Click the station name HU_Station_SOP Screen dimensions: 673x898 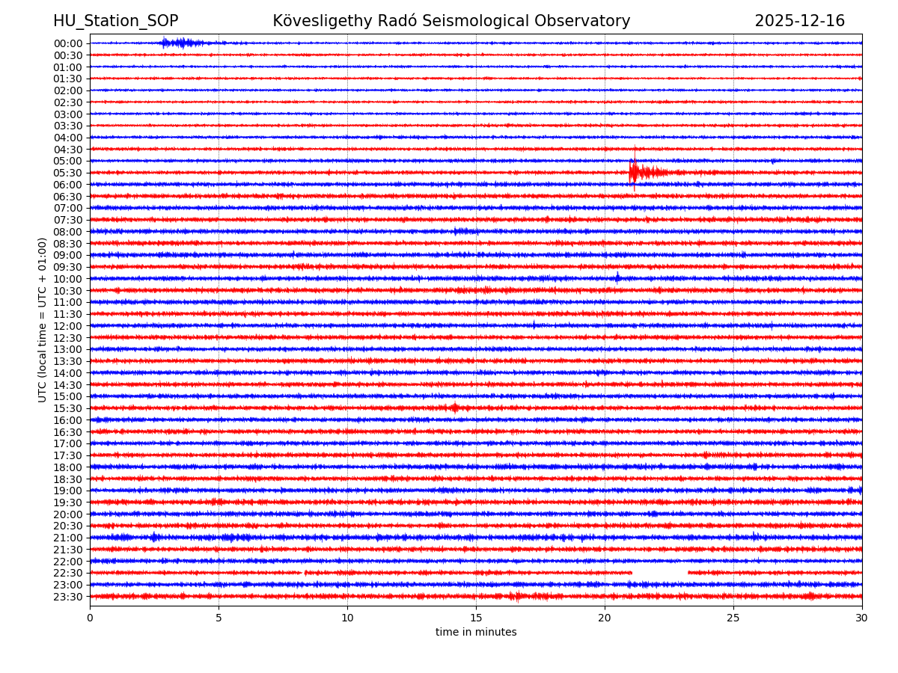coord(115,21)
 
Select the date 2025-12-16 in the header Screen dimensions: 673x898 coord(799,21)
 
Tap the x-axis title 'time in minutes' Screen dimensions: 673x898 coord(476,633)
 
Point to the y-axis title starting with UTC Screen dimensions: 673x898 coord(43,319)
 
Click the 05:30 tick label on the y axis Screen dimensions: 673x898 coord(68,173)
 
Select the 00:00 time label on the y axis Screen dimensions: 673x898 coord(68,43)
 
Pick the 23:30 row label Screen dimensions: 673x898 coord(68,597)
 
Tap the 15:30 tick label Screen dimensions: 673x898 coord(68,408)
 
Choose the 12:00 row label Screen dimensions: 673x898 coord(68,326)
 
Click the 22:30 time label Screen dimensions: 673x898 coord(68,573)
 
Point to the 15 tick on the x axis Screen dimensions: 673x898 coord(476,618)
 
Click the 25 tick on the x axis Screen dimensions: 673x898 coord(733,618)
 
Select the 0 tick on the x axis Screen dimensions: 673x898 coord(90,618)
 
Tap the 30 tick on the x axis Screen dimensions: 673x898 coord(862,618)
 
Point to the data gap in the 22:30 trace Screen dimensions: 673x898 coord(659,573)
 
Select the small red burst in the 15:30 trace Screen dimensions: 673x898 coord(455,408)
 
